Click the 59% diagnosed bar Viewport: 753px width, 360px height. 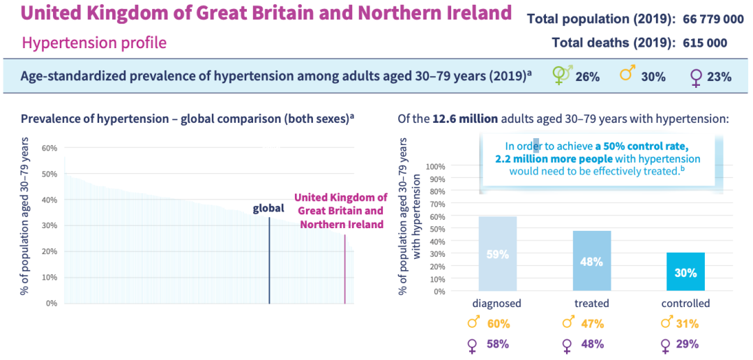[497, 253]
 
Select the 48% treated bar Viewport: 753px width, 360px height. [591, 260]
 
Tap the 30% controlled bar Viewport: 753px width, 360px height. [686, 271]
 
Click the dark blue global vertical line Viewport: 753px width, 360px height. [269, 260]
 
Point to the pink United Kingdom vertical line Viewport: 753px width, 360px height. [345, 269]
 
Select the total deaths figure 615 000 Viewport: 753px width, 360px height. [704, 43]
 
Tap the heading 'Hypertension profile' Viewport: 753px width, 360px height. [95, 43]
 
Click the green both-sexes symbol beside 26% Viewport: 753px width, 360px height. [563, 75]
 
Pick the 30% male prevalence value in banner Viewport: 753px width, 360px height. [653, 77]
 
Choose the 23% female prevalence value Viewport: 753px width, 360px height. [719, 77]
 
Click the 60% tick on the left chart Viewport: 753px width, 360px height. [49, 147]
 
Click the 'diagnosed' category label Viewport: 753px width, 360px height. [497, 303]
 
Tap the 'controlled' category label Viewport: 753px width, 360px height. [686, 303]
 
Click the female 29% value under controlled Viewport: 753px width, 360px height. [687, 344]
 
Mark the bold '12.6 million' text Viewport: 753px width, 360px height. [463, 119]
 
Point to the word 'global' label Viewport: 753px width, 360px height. [269, 209]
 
